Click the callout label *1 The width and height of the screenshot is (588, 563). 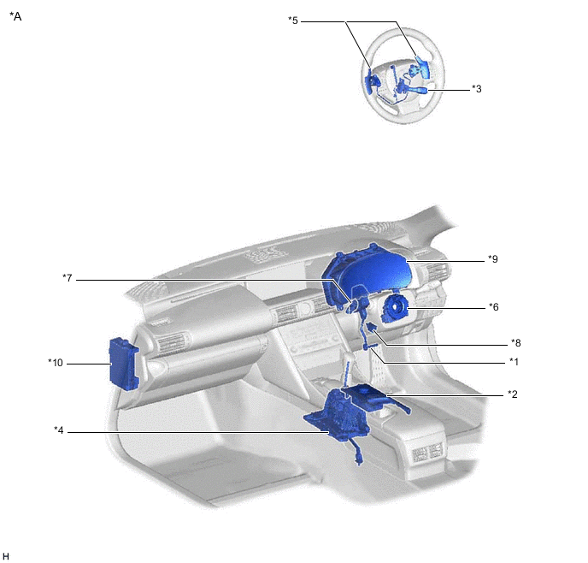coord(514,361)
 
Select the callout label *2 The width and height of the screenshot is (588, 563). coord(513,394)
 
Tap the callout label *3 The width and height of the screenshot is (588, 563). coord(477,89)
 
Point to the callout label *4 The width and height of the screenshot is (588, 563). coord(59,430)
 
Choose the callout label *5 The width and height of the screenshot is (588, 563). coord(293,21)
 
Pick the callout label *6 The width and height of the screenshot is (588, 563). coord(494,307)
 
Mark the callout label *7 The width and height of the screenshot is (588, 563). coord(68,278)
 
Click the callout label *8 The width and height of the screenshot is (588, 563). coord(516,343)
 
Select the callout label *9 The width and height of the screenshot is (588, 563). coord(493,259)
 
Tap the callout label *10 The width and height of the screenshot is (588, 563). coord(56,363)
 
